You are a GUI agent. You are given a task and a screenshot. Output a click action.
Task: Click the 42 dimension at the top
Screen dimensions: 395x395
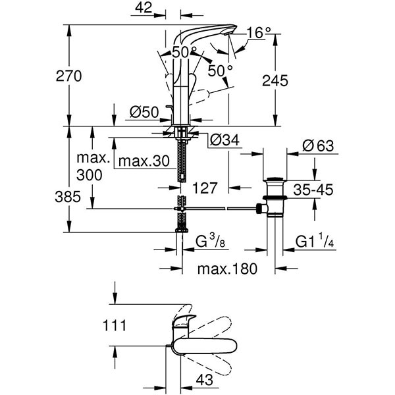tap(144, 8)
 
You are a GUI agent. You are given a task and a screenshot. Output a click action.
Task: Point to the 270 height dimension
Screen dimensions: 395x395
tap(68, 76)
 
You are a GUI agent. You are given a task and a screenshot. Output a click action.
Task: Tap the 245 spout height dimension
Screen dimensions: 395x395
tap(275, 81)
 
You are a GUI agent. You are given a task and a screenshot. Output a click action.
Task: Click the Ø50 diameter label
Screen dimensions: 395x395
tap(144, 112)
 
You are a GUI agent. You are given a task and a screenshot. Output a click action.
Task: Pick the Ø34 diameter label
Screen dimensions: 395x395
tap(224, 140)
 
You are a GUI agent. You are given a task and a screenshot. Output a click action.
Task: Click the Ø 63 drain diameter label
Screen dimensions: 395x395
tap(318, 145)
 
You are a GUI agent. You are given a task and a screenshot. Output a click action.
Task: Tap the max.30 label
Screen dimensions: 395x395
tap(144, 161)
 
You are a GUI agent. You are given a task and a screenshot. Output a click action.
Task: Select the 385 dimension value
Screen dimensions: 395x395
tap(68, 197)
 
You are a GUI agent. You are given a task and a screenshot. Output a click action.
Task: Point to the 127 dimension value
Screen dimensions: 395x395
tap(205, 188)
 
